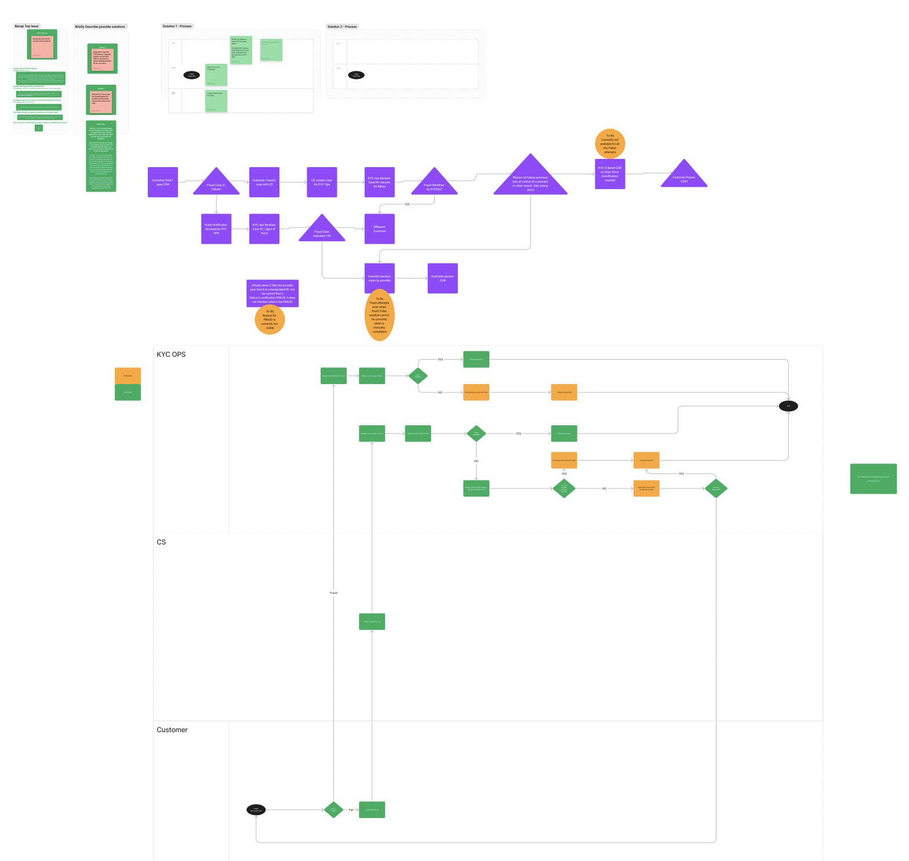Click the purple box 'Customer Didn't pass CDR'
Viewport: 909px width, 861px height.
[x=162, y=182]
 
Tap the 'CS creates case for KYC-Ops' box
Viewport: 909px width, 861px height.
[x=322, y=182]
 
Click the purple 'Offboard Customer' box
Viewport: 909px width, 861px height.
[x=379, y=229]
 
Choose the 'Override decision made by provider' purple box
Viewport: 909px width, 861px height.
[x=379, y=278]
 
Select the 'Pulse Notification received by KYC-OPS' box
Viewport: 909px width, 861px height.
[x=216, y=229]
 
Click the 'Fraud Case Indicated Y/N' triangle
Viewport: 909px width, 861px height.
[x=322, y=231]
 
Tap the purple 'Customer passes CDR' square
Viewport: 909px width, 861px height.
[x=442, y=278]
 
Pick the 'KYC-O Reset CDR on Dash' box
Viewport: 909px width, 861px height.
[x=610, y=173]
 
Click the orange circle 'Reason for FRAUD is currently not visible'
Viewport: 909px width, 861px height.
[x=270, y=320]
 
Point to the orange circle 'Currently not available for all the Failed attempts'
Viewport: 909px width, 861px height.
[x=610, y=143]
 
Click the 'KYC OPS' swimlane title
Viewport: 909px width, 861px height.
[x=171, y=354]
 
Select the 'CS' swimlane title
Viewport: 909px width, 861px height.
[x=161, y=542]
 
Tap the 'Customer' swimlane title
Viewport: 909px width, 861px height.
[x=172, y=730]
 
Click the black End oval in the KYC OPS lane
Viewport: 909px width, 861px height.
[x=788, y=406]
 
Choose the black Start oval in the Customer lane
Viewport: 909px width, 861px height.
[x=256, y=809]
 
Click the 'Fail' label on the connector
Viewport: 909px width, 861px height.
[x=351, y=809]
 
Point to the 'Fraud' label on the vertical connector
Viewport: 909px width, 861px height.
[x=333, y=593]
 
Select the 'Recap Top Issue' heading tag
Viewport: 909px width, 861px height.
[x=27, y=26]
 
